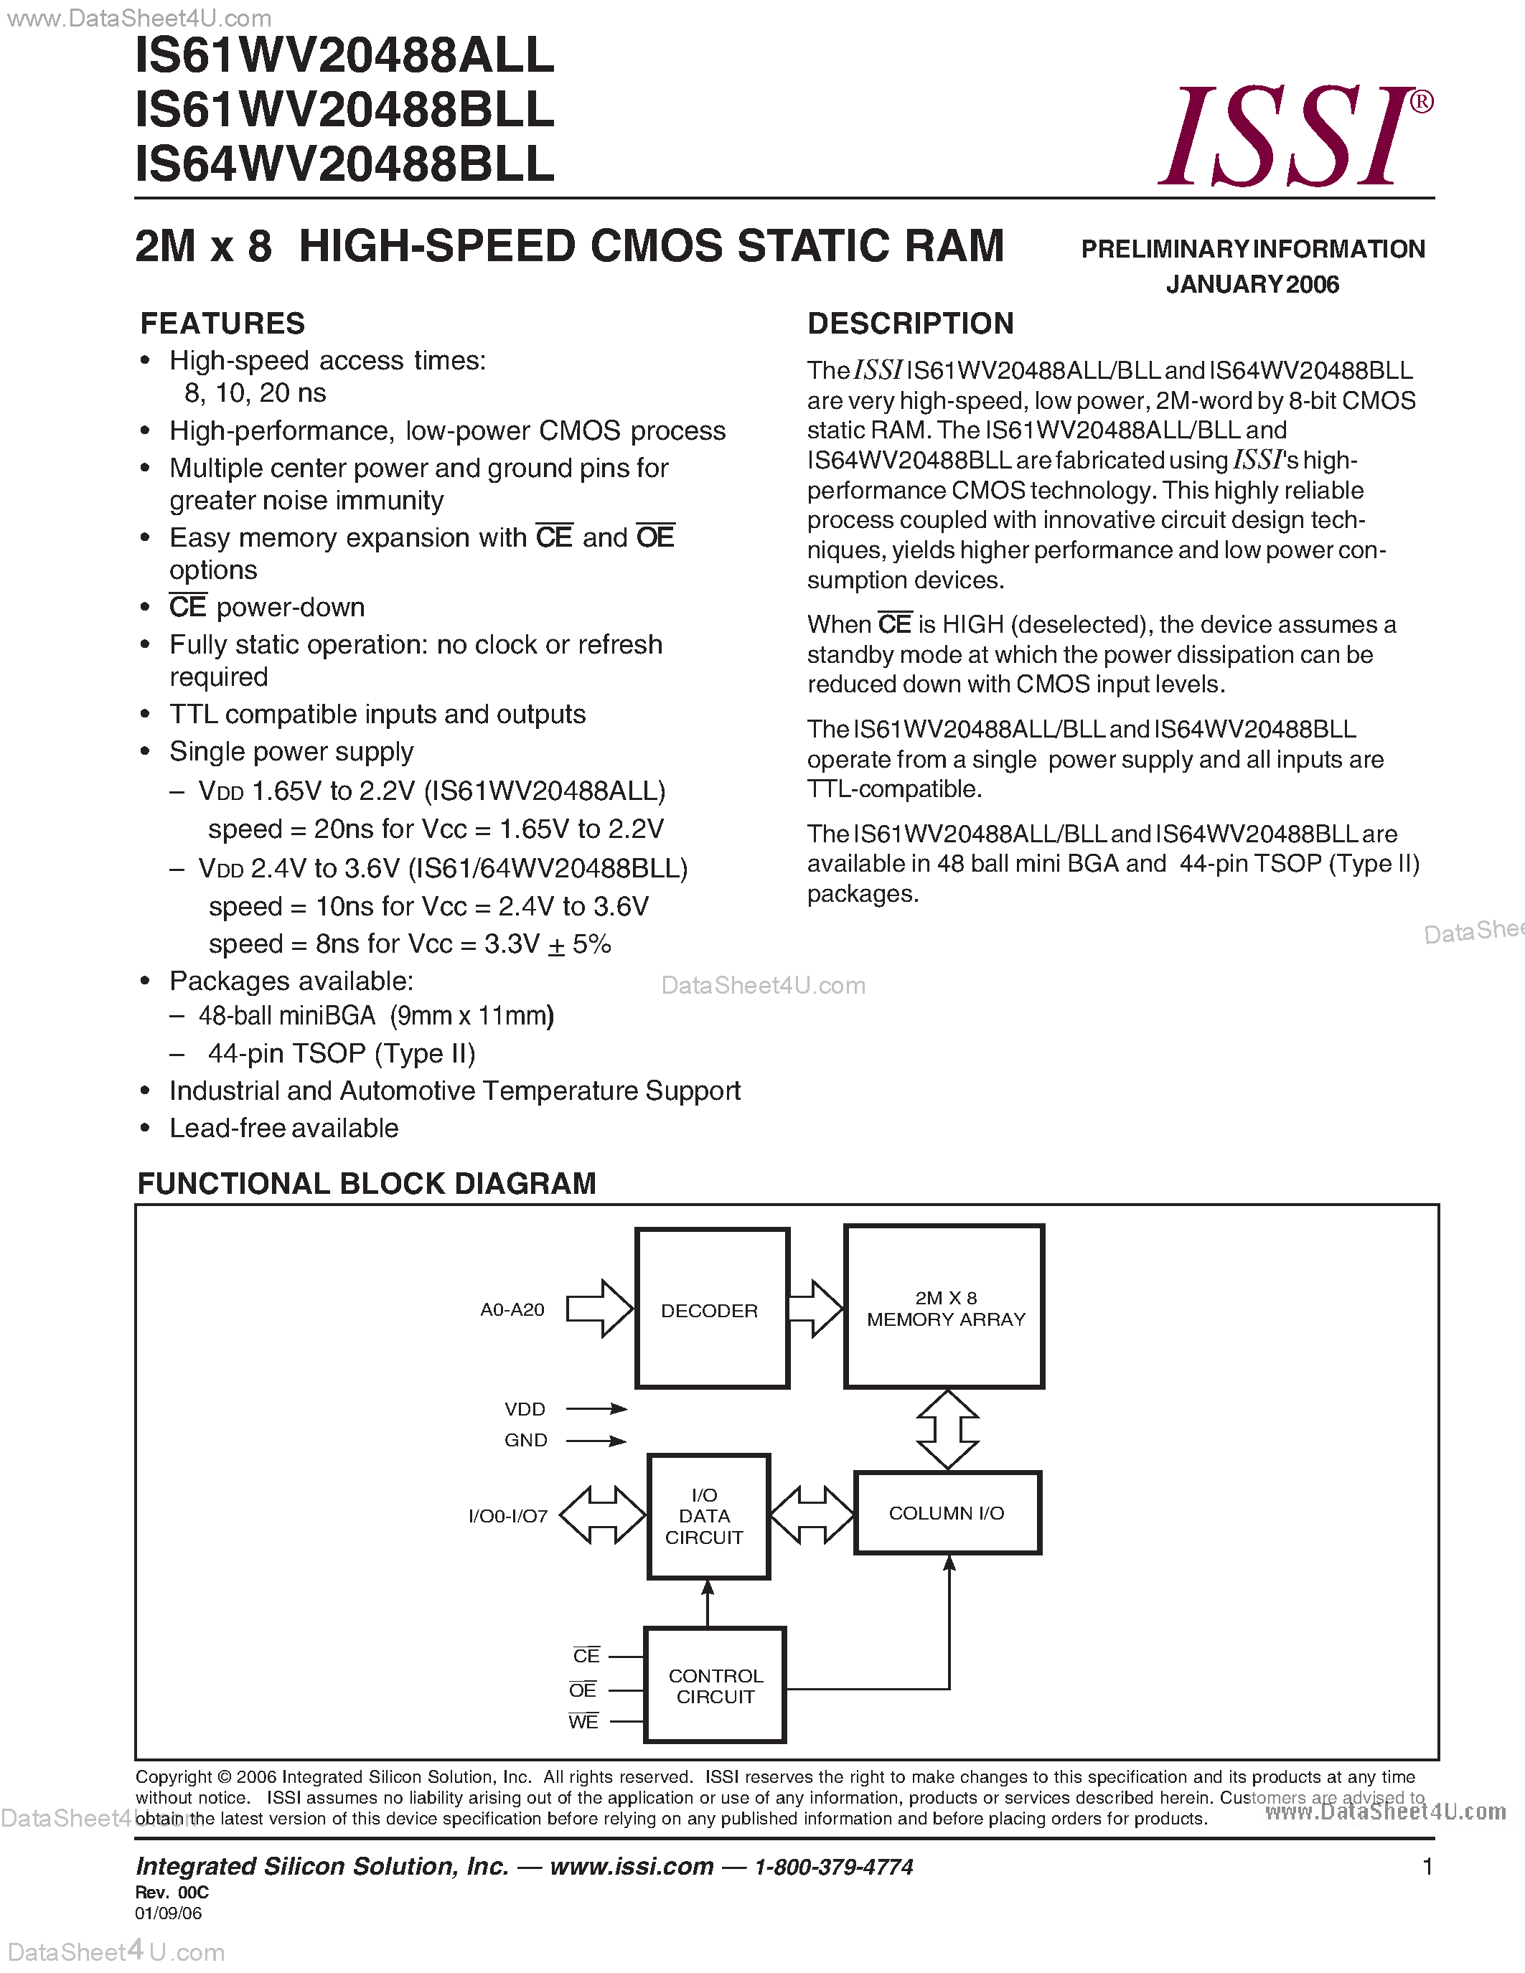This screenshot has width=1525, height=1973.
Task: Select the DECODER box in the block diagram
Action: pos(712,1308)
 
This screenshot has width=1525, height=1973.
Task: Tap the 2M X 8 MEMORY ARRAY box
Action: pos(944,1307)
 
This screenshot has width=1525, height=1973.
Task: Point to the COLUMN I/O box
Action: pos(947,1513)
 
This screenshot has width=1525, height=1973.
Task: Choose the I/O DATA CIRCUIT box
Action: pos(708,1517)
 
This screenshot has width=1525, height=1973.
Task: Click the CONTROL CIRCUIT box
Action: pos(715,1686)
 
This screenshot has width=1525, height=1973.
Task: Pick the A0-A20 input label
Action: pos(512,1310)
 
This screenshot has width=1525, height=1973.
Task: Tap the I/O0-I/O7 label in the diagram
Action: pos(507,1516)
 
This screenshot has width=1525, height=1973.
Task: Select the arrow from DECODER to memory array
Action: pos(816,1308)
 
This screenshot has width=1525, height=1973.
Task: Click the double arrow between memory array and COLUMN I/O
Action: pos(947,1430)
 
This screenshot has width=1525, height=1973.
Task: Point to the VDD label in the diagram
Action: pos(525,1409)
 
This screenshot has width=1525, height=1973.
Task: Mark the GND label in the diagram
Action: pos(526,1440)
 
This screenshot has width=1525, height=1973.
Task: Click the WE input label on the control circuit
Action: pos(583,1722)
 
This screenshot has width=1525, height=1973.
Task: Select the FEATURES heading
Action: pos(222,324)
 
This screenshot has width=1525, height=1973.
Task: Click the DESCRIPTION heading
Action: pos(910,324)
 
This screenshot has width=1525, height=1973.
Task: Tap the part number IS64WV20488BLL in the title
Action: pos(344,164)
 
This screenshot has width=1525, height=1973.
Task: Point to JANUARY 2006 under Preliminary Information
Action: pos(1252,285)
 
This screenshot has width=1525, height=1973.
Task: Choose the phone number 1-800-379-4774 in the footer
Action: pos(834,1866)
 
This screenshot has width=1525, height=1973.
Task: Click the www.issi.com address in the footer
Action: pos(632,1866)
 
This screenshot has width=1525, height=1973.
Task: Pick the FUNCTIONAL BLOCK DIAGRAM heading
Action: pos(366,1183)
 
